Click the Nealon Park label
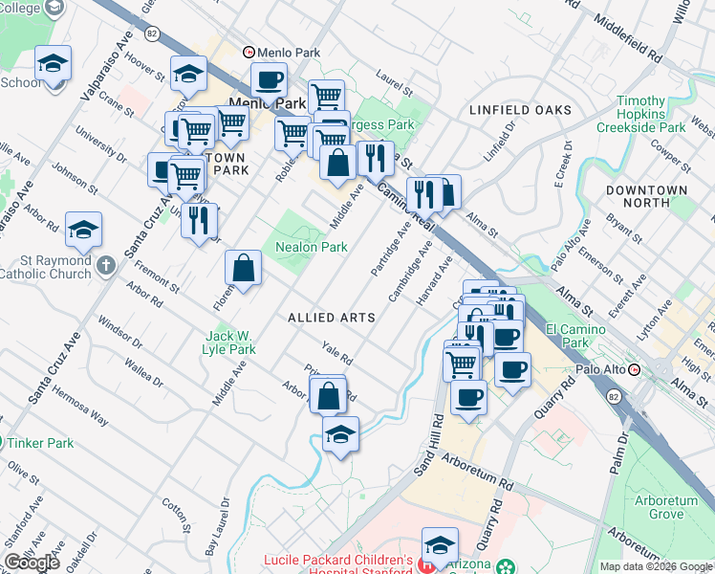[x=311, y=247]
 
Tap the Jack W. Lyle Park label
[x=228, y=342]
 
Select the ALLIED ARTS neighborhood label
[x=331, y=317]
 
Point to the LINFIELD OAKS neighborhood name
[x=520, y=110]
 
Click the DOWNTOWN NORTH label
[x=646, y=196]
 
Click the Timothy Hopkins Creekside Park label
[x=640, y=114]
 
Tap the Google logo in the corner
[x=32, y=563]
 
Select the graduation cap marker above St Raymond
[x=83, y=230]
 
